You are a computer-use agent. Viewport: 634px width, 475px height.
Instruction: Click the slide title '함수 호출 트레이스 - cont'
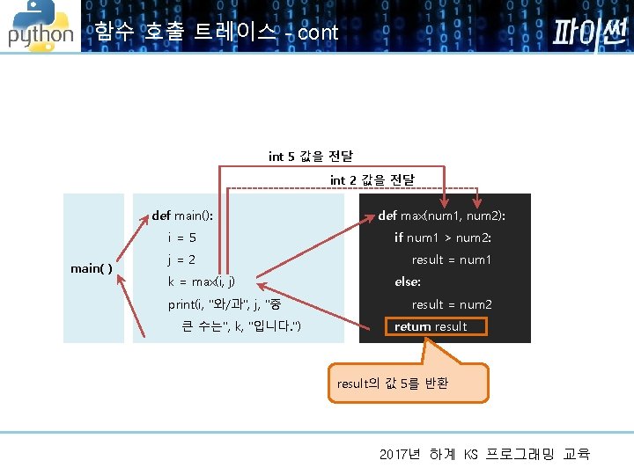216,33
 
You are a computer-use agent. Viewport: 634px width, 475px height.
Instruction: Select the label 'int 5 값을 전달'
310,157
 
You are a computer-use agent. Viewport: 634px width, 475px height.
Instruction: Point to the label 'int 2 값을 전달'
372,180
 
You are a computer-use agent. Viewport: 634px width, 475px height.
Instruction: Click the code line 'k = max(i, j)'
201,282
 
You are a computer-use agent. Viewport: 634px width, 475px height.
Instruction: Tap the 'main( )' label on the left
92,268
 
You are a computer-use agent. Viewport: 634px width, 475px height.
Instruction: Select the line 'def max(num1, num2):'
441,216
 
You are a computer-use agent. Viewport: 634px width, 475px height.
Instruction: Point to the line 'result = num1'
451,259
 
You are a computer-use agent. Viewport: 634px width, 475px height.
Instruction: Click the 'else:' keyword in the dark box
408,282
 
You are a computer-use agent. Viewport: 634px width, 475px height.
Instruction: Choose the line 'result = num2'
451,304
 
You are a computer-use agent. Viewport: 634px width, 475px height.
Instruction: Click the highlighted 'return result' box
430,326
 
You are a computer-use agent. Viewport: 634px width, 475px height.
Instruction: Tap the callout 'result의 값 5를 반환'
393,384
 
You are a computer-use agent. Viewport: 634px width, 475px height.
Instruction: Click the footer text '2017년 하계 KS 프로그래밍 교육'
484,454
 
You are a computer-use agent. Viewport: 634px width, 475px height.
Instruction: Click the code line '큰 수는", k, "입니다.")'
240,327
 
